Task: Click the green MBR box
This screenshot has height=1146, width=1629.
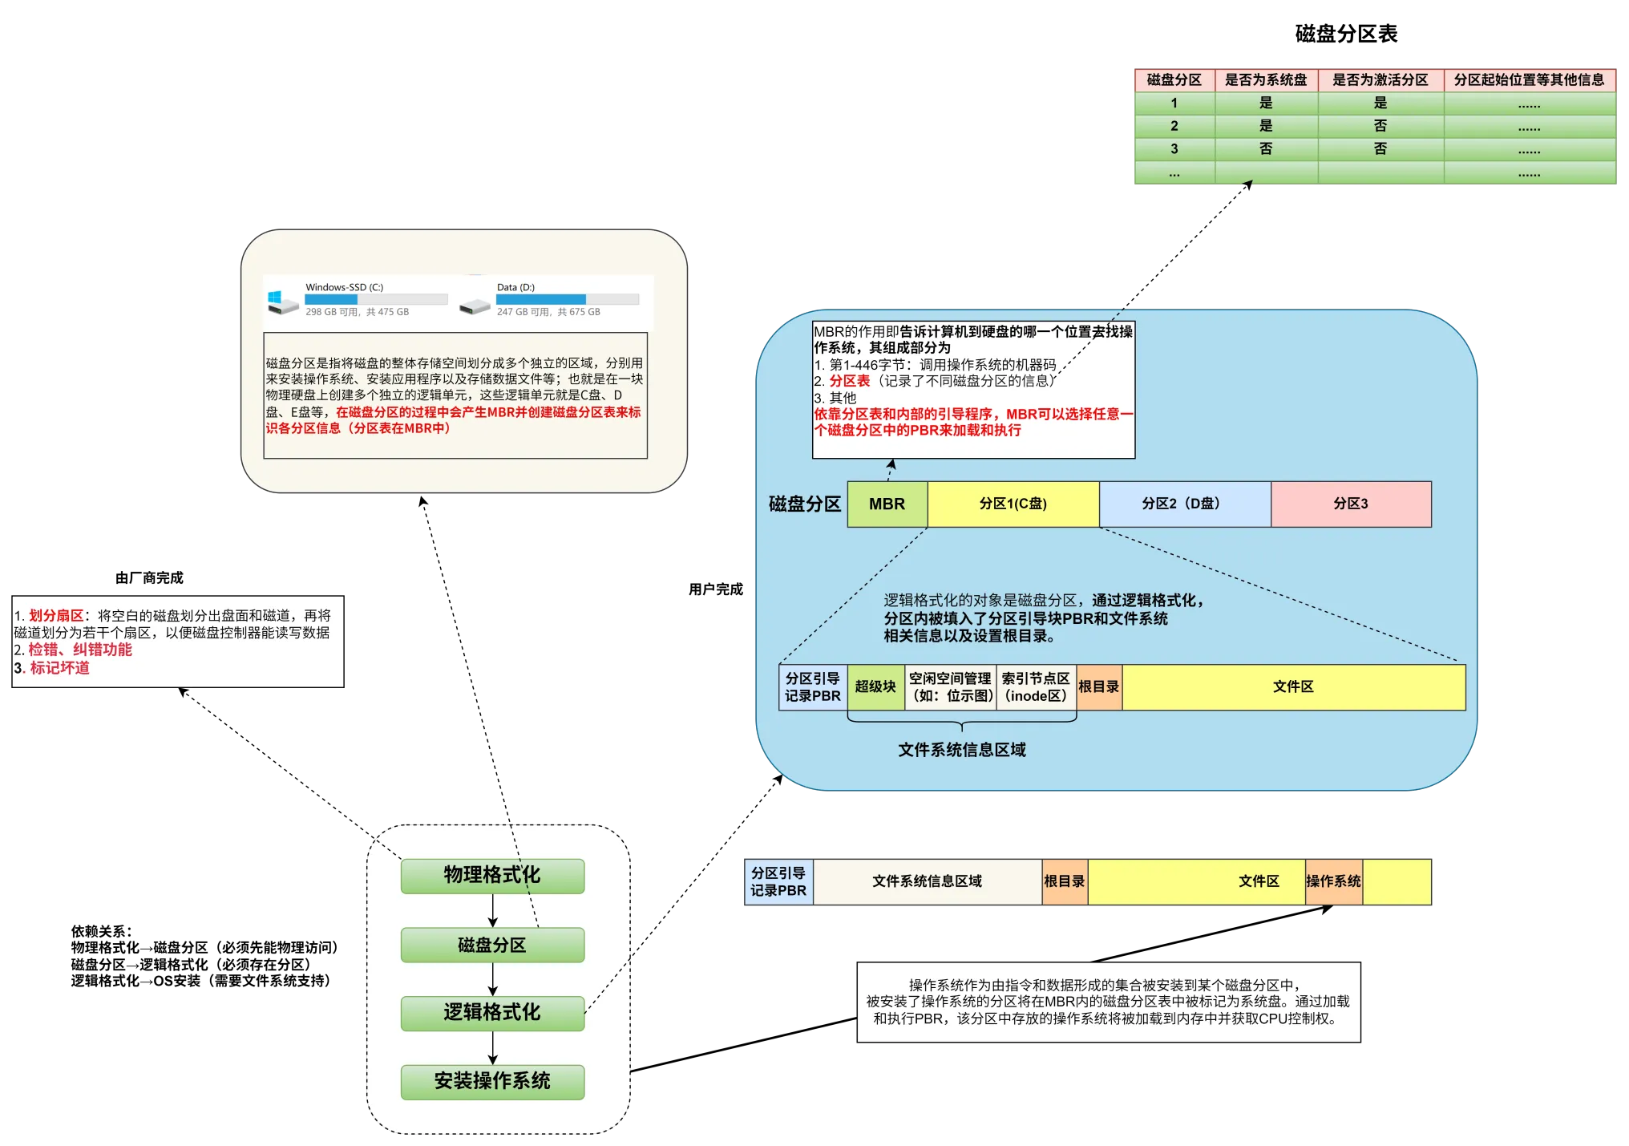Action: [887, 504]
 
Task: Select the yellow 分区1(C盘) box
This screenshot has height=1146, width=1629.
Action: [1013, 504]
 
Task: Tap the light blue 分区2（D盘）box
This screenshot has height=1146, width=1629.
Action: [1184, 504]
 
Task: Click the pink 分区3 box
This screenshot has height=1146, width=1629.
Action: [1351, 504]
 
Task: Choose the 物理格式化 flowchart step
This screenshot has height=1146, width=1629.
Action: [492, 876]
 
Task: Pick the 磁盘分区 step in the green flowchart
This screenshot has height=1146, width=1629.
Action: [492, 946]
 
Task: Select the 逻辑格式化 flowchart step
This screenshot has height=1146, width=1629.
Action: [492, 1013]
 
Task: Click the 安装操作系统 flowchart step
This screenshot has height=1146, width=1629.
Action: [492, 1082]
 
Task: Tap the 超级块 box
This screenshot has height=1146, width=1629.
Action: [875, 687]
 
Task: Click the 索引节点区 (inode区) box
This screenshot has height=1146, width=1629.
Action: [1036, 687]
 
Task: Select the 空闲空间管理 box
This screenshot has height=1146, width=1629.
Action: [950, 687]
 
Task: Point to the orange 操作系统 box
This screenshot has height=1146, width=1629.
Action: [1333, 881]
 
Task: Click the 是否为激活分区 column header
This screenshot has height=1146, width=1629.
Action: [1380, 80]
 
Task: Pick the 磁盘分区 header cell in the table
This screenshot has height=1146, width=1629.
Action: [1174, 80]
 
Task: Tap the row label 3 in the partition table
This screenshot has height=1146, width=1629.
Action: [1174, 149]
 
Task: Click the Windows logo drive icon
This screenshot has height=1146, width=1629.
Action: [281, 302]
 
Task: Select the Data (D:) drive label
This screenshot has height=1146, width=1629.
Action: [515, 287]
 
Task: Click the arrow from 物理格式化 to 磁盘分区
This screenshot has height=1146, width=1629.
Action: [492, 910]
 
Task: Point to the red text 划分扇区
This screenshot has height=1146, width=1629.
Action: [56, 616]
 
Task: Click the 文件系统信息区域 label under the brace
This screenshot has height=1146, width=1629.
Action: [961, 750]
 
